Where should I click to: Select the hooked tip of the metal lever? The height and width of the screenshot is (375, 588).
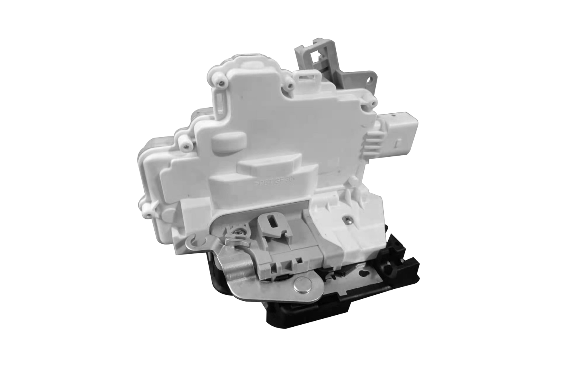tap(193, 241)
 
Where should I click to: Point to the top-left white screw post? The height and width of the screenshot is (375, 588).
tap(220, 79)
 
